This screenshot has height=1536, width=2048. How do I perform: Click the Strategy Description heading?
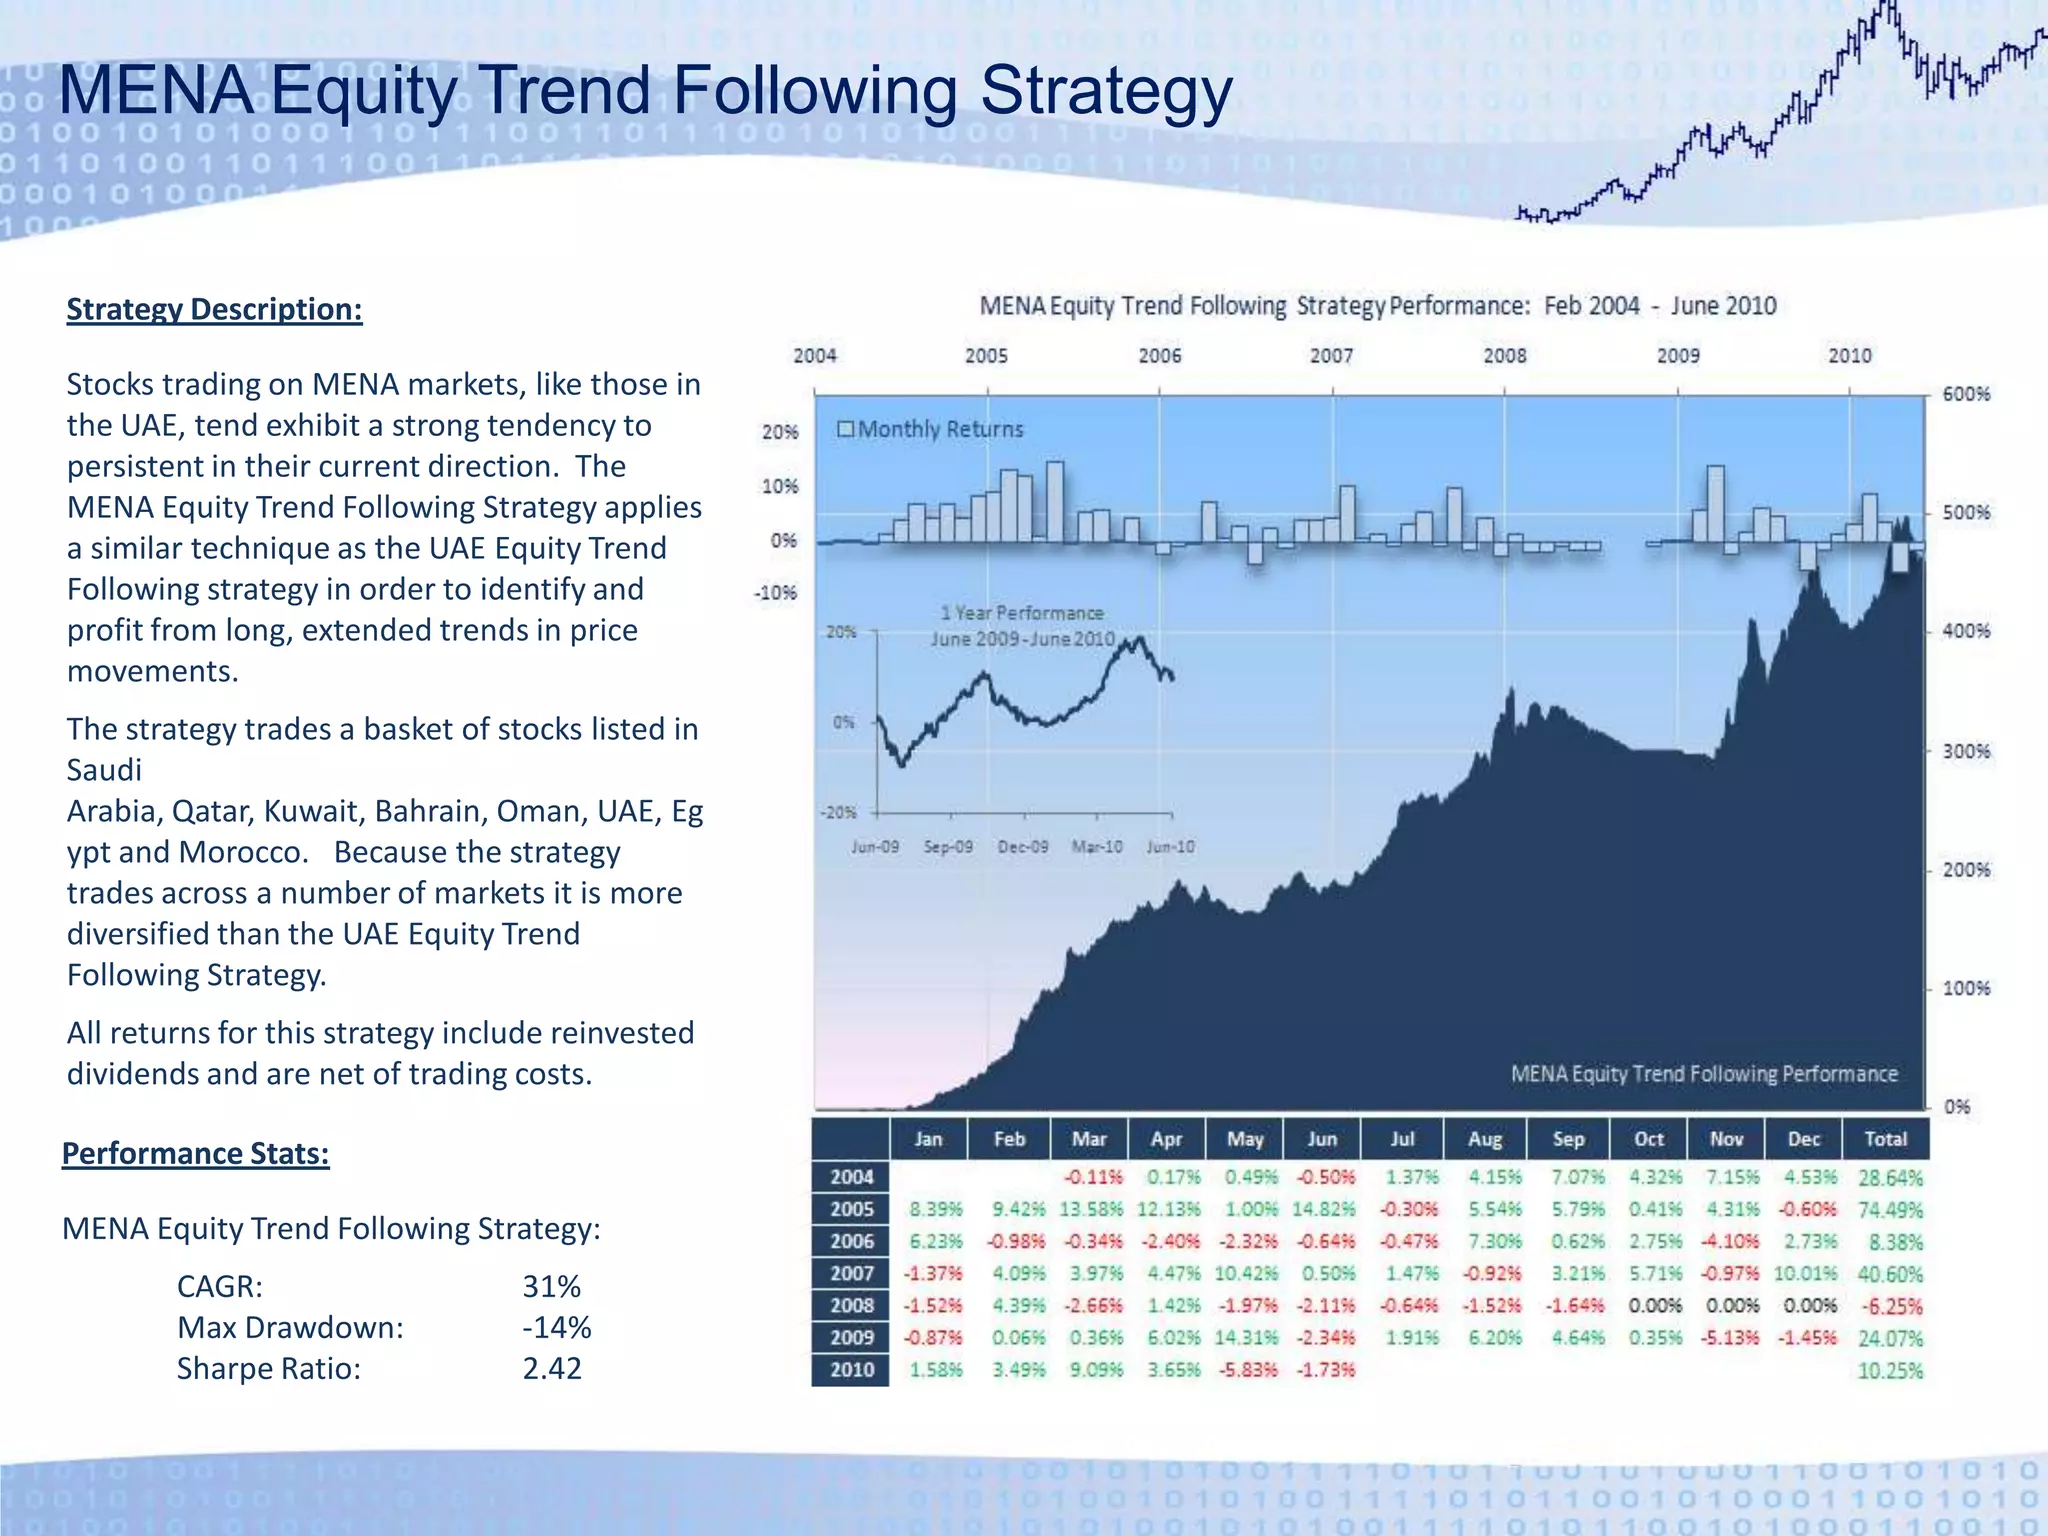tap(214, 309)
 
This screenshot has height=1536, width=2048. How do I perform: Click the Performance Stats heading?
tap(195, 1153)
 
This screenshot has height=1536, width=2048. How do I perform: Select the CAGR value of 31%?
tap(551, 1286)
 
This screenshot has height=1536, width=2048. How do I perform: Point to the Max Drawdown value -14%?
tap(556, 1327)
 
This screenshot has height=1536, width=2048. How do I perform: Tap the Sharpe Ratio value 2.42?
tap(551, 1368)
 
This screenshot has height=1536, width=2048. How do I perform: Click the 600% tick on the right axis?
tap(1966, 394)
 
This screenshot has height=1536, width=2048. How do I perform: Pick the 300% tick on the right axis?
tap(1966, 751)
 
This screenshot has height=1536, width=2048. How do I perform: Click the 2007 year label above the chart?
tap(1331, 356)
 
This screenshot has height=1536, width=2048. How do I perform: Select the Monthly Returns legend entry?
tap(930, 429)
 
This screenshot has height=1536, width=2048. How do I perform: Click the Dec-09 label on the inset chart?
tap(1023, 847)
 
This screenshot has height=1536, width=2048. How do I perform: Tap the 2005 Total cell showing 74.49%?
tap(1890, 1209)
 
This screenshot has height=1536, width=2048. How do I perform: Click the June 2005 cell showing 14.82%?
tap(1323, 1209)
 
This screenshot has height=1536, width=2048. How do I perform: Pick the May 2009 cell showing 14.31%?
tap(1246, 1337)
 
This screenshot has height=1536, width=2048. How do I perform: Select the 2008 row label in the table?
tap(851, 1305)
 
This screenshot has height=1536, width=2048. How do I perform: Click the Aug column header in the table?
tap(1485, 1139)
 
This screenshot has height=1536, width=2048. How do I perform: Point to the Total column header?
tap(1886, 1139)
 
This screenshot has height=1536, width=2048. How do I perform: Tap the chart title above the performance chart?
tap(1377, 306)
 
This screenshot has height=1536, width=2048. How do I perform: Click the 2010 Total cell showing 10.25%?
tap(1890, 1370)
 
